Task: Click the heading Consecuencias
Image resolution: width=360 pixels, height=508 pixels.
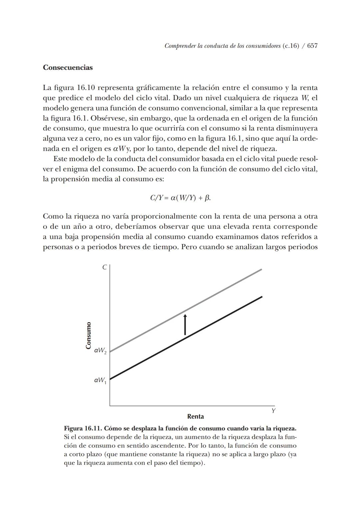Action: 68,67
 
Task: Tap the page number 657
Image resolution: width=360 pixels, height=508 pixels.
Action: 312,46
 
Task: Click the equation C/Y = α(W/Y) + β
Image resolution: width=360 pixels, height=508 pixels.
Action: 180,198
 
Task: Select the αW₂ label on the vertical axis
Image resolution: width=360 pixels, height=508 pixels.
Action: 100,351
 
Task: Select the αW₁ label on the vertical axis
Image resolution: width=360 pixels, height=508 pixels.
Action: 100,380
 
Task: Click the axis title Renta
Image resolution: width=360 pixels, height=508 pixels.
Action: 196,416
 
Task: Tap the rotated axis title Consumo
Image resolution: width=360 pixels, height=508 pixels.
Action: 88,336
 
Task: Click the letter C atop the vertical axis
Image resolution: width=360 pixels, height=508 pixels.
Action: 104,267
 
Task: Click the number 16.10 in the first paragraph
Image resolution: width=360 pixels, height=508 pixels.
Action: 86,88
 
